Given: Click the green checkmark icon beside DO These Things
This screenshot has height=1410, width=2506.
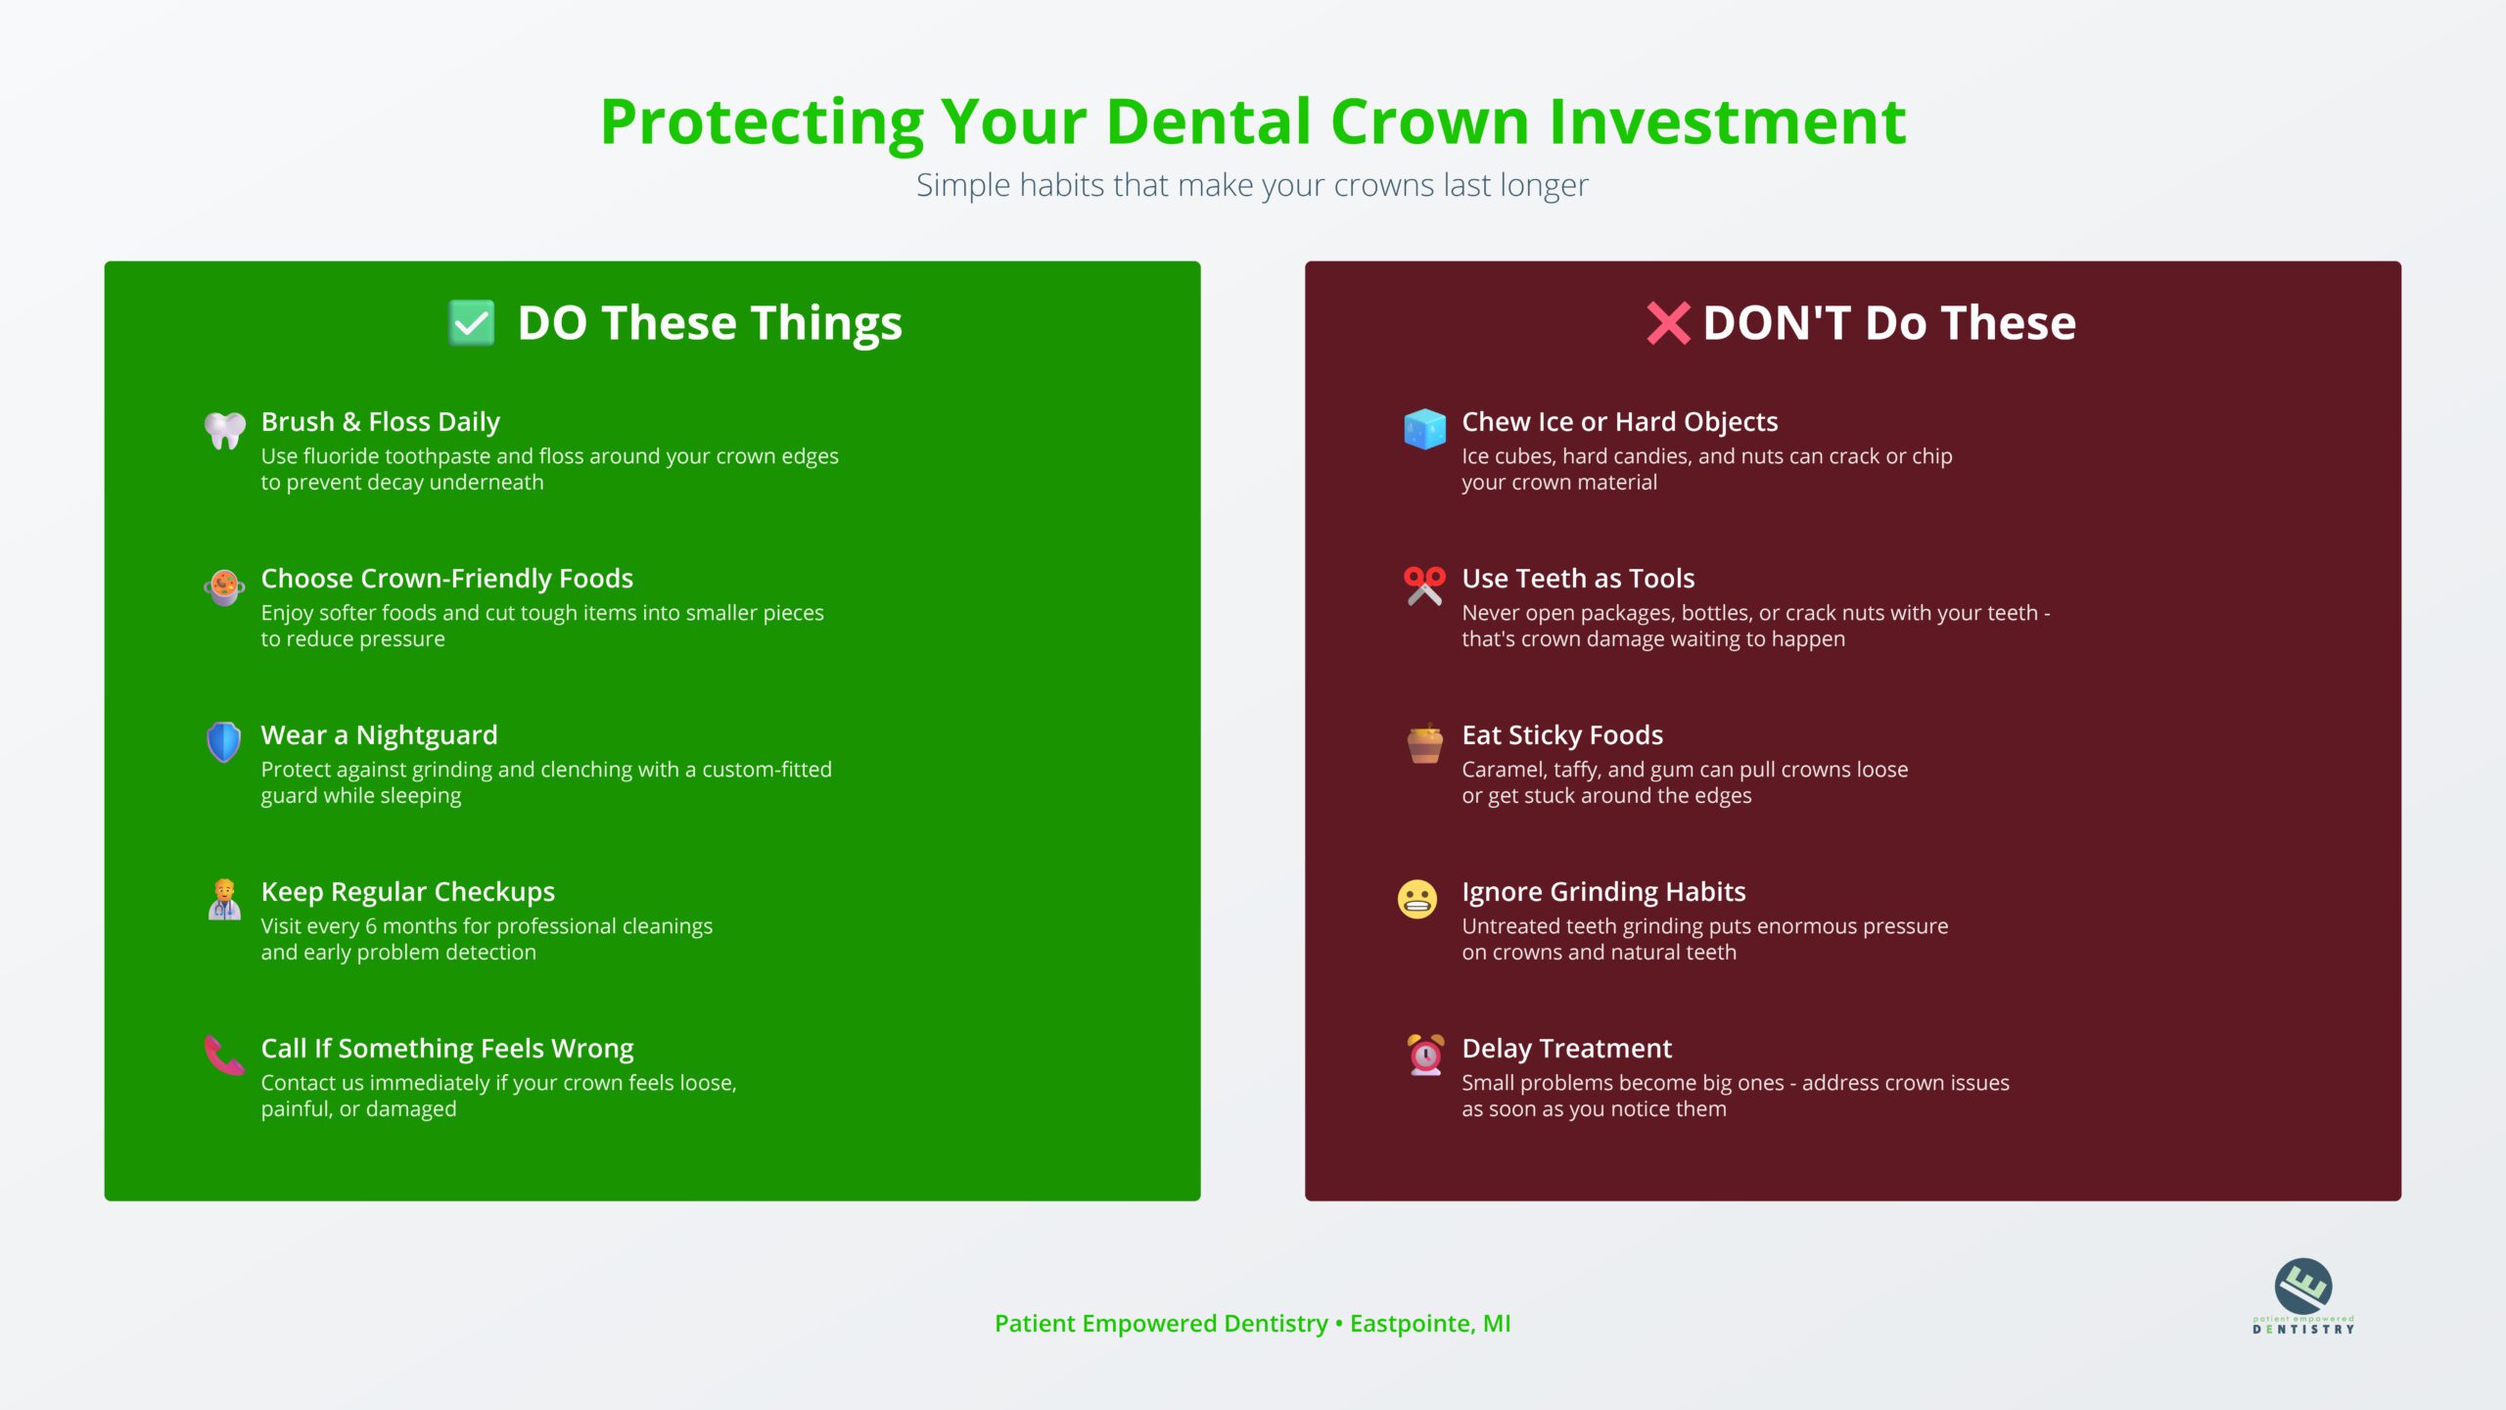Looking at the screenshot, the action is click(471, 323).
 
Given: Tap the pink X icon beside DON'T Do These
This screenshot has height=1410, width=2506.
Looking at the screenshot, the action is click(1668, 323).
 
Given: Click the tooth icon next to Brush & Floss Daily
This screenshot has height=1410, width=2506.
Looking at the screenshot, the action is click(224, 430).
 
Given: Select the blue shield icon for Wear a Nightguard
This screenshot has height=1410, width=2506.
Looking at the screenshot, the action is click(224, 742).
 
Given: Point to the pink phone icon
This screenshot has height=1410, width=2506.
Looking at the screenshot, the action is click(224, 1056).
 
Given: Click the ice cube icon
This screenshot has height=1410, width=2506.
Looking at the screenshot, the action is click(1424, 429).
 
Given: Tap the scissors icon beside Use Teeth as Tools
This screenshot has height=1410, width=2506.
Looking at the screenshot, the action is click(1424, 586).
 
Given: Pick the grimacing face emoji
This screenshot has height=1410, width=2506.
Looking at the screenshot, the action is click(1417, 899).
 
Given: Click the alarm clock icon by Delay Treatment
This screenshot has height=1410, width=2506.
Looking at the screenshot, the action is click(1425, 1055).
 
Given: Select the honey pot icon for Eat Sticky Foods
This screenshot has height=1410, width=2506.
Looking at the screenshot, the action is click(1424, 743).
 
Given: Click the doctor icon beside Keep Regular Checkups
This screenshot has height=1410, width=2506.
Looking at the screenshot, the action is click(224, 899).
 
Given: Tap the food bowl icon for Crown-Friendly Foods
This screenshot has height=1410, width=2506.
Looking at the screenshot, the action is click(224, 587).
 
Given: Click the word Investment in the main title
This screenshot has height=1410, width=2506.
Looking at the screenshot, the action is click(1728, 122).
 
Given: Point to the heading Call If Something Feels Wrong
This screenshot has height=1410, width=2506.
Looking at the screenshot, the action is click(447, 1049).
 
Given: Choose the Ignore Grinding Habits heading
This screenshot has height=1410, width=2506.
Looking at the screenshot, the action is click(1603, 892).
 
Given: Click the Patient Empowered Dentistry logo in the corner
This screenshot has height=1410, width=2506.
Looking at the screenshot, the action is click(2303, 1295).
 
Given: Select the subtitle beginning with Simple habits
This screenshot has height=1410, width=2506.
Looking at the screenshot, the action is click(1252, 185).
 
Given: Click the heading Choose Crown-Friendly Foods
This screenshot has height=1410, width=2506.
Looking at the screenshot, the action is click(447, 579).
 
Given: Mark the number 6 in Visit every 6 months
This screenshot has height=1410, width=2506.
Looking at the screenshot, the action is click(371, 926).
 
